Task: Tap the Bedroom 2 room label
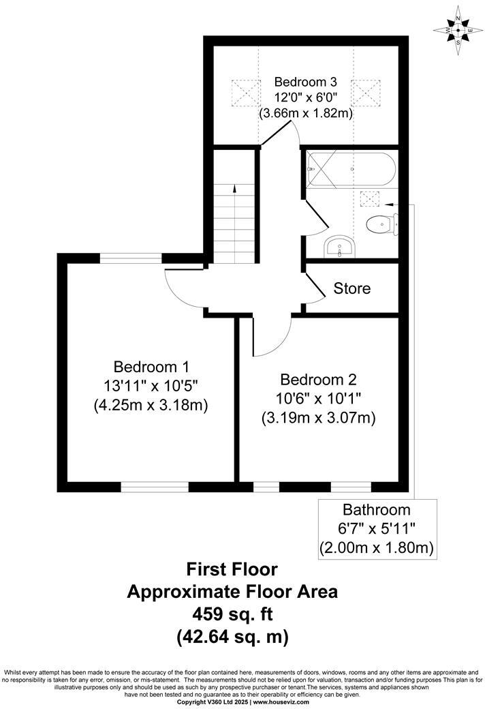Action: coord(319,379)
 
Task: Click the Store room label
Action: coord(351,288)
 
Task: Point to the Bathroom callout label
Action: coord(376,509)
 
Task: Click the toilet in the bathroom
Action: coord(380,223)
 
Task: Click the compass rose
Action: coord(458,31)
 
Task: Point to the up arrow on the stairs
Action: coord(234,189)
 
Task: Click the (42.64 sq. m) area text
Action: coord(232,637)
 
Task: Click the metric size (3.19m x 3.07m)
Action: coord(319,417)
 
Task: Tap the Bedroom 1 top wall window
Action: coord(131,258)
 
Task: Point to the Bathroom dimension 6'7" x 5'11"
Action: coord(376,528)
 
